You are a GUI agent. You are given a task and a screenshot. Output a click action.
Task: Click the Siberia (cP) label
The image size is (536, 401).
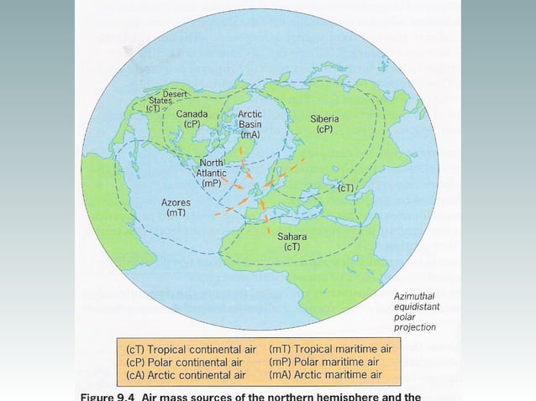click(x=324, y=124)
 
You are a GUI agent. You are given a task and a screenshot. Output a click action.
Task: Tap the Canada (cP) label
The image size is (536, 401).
click(x=192, y=117)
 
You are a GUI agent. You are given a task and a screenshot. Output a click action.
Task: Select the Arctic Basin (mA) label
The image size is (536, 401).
click(x=250, y=123)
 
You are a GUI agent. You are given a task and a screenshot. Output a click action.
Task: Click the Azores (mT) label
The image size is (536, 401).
click(x=176, y=207)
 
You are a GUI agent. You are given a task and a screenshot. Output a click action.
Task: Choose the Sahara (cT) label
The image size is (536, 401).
click(x=292, y=242)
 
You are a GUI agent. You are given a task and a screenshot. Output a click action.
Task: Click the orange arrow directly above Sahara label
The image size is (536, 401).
click(x=268, y=224)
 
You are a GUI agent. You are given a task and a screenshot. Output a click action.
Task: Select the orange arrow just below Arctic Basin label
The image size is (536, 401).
click(x=243, y=150)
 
